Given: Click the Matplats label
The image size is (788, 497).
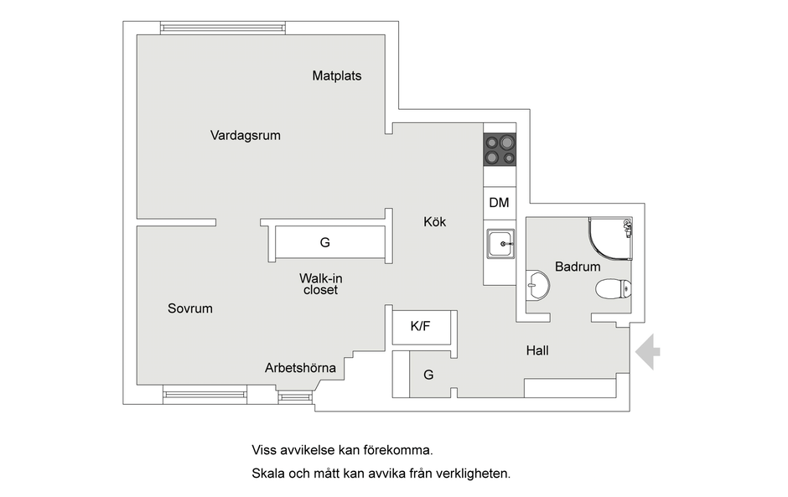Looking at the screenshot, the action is point(337,76).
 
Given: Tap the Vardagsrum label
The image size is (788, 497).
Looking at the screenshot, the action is point(246,136).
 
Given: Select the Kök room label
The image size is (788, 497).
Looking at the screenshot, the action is point(435,221).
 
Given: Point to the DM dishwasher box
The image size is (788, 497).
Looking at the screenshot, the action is point(500,203).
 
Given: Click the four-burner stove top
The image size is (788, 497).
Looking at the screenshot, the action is point(500,149).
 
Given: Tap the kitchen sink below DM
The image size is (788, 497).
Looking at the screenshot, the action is point(500,244).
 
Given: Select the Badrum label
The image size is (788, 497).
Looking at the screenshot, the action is point(578,267).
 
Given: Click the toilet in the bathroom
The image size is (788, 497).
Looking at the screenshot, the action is point(613,289).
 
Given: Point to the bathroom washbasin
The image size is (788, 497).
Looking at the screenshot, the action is point(537,286).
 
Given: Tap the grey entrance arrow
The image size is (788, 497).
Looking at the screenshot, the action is point(648,352).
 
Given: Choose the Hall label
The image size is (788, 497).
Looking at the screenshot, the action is point(537,350).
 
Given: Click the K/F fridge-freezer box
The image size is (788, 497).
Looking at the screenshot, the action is point(421,327).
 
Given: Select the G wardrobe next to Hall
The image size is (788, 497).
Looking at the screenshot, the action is point(428,375).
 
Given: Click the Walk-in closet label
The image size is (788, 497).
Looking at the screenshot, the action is point(320,284).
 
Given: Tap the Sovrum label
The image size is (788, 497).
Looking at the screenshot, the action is point(190,308).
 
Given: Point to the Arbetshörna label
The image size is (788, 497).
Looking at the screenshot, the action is point(300,368).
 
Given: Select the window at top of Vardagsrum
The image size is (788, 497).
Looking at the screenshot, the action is point(223,28).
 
